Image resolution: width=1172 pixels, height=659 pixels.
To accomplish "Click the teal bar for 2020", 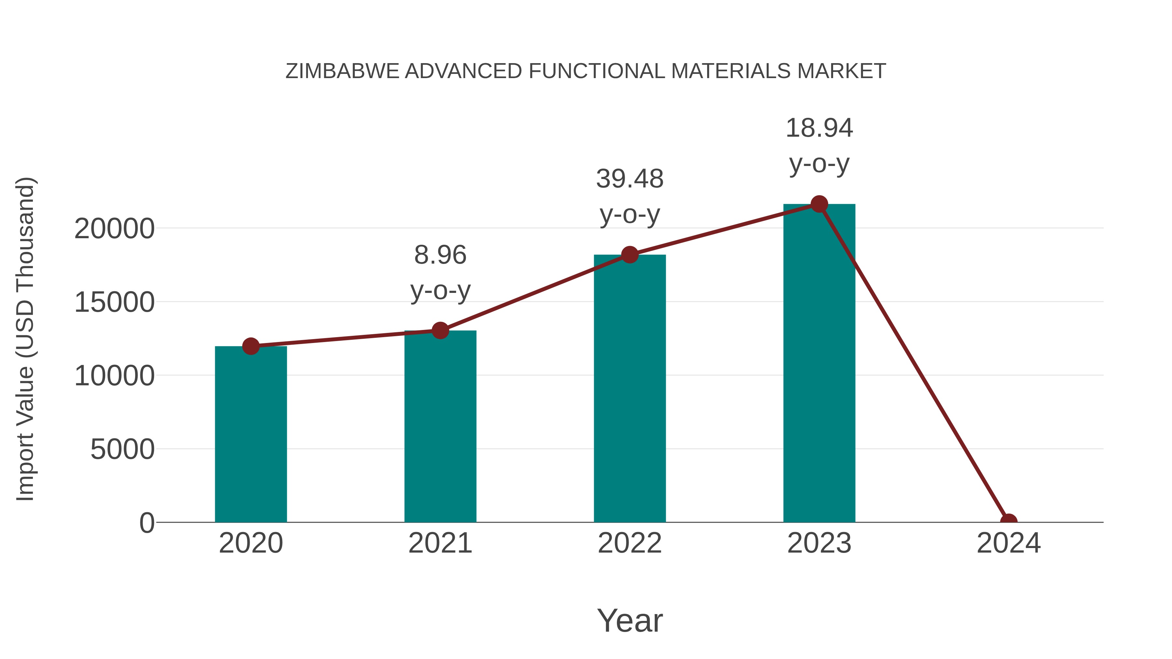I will (x=251, y=434).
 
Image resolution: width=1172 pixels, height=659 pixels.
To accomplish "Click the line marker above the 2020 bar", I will (x=251, y=346).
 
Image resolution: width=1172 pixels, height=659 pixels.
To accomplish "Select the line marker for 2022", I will (x=630, y=255).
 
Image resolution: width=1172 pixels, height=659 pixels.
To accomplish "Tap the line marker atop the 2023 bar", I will (x=819, y=204).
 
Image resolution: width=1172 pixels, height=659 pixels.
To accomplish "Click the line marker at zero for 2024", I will (x=1009, y=521).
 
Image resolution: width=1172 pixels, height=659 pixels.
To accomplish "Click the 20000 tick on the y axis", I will (x=114, y=228).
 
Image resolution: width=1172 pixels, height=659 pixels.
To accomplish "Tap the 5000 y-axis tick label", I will (x=122, y=449).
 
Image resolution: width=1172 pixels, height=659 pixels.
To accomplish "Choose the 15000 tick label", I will (x=114, y=302).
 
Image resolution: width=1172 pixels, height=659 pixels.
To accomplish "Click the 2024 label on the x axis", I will (x=1009, y=543).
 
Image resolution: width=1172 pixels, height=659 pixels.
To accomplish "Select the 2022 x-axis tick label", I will (x=630, y=543).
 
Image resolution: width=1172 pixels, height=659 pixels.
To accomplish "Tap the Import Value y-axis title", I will (x=25, y=339).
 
